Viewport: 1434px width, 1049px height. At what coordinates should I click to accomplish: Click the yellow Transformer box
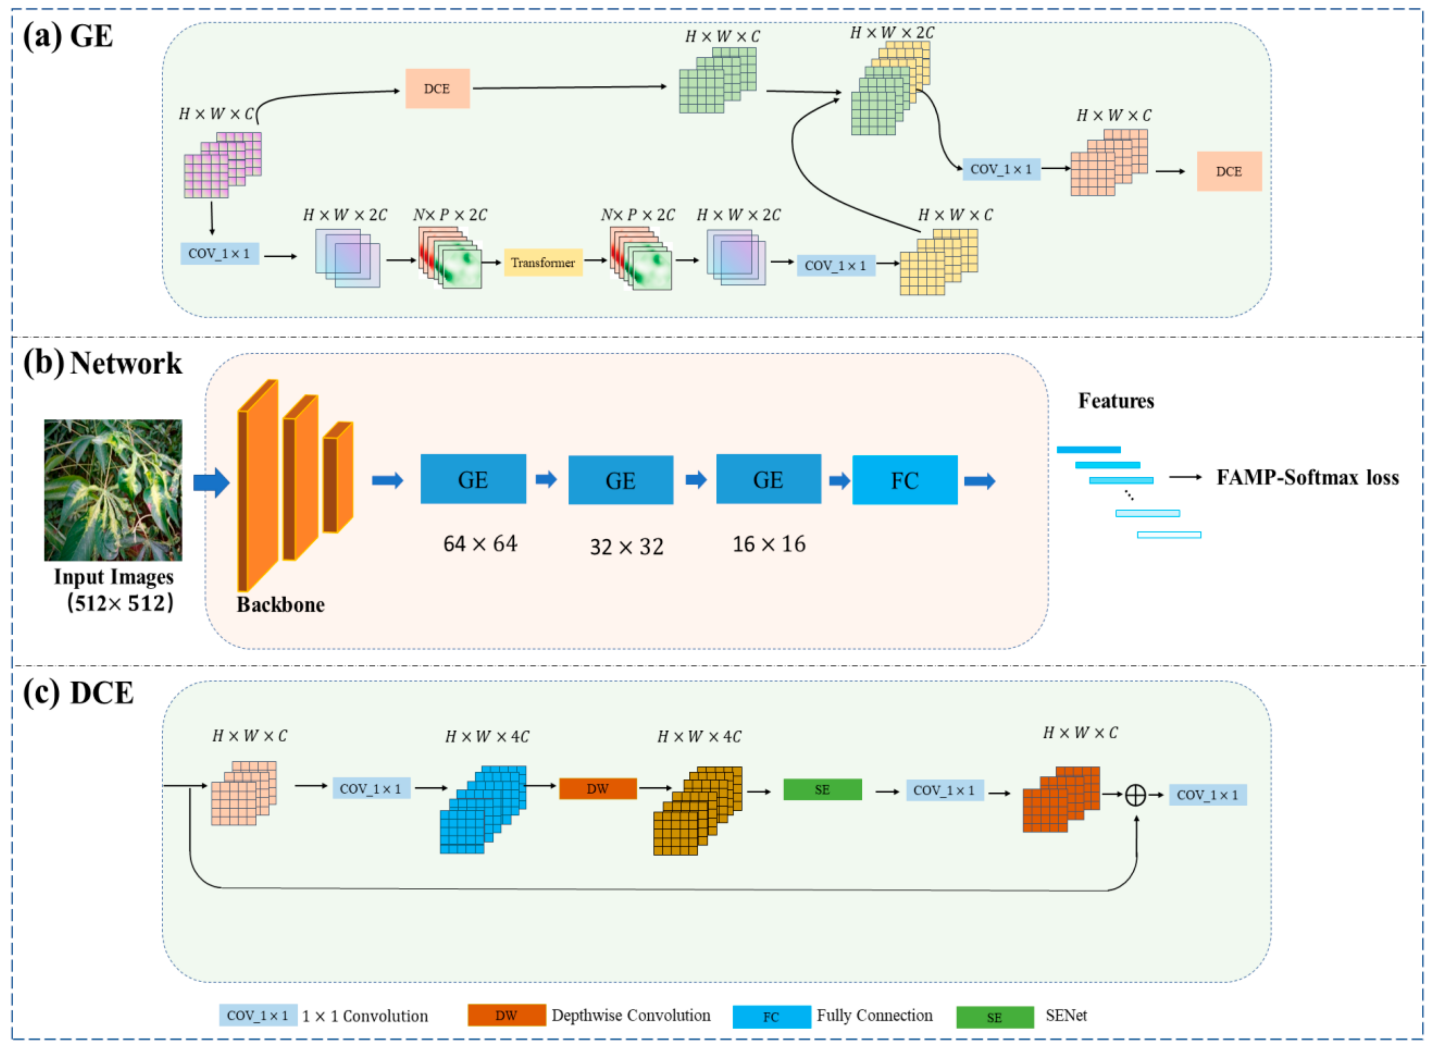(x=543, y=262)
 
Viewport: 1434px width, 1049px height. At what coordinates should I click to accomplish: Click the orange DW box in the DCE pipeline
(x=597, y=789)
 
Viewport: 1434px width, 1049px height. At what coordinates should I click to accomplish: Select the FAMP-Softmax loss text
(x=1307, y=478)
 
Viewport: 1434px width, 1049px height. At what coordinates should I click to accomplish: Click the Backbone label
(x=280, y=605)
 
